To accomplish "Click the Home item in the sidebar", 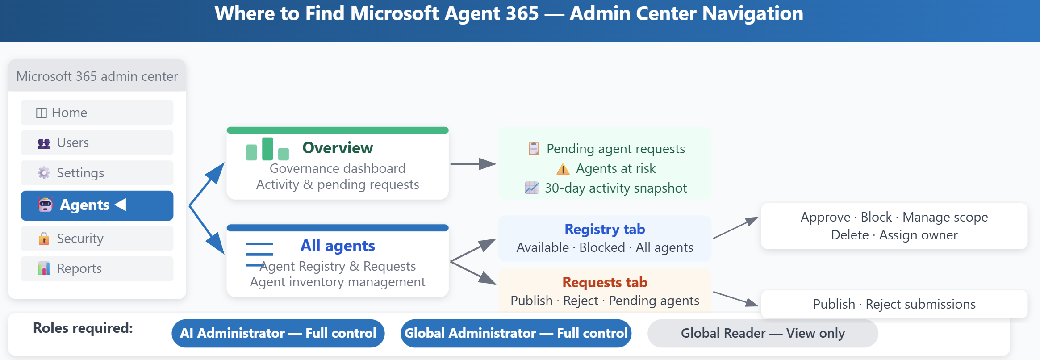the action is pos(97,113).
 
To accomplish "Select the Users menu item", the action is pos(97,142).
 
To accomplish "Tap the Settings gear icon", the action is pos(44,173).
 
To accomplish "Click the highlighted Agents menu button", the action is pos(97,205).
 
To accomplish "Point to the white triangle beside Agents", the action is pos(121,205).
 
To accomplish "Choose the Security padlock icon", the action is pos(44,239).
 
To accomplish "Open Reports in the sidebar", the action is pos(97,268).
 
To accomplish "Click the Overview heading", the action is pos(338,148).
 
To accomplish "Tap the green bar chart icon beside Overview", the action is pos(267,149).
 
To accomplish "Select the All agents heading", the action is pos(338,246).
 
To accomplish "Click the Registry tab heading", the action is pos(605,229).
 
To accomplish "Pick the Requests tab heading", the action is pos(605,282).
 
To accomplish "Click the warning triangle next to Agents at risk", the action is pos(563,169).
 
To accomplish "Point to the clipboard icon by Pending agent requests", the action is pos(534,148).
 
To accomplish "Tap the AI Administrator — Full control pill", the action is pos(278,333).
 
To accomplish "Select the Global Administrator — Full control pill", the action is pos(516,333).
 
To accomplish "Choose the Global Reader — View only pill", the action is pos(763,333).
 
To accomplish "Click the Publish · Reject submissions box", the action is pos(894,304).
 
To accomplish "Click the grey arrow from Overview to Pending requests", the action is pos(473,164).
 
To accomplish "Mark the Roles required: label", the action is pos(83,328).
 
